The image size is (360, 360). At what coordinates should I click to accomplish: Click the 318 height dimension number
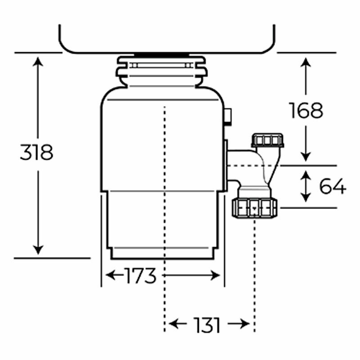coord(36,153)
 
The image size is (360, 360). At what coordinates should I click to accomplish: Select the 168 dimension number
coord(306,110)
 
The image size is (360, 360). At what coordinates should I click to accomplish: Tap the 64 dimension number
coord(333,186)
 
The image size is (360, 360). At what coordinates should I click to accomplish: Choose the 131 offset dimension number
coord(207,324)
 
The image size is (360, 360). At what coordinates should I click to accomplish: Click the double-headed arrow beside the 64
coord(306,186)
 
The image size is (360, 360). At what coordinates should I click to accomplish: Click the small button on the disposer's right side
coord(228,116)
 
